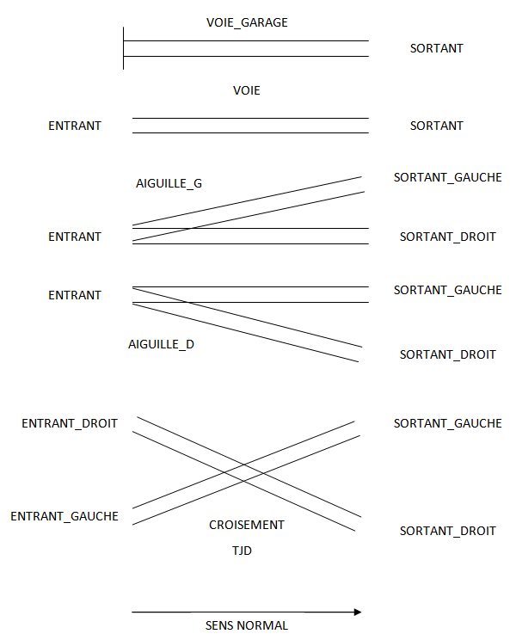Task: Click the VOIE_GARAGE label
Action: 247,22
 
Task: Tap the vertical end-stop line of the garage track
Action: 123,48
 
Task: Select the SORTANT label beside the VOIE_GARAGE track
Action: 437,48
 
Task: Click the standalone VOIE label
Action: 247,90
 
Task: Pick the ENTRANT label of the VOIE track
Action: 75,126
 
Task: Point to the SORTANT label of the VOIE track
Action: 437,126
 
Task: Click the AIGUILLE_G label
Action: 169,184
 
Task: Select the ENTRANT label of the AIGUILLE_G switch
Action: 75,237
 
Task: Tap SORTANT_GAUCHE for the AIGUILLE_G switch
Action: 447,177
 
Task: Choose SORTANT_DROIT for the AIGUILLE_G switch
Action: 447,237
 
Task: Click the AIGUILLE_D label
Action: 161,344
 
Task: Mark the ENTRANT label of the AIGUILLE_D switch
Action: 75,295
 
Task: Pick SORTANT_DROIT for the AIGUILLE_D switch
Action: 447,354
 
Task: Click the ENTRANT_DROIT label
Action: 70,424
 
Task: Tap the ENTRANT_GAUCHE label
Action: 65,516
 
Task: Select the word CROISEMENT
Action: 247,525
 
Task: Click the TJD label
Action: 242,551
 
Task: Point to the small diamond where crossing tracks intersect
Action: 244,472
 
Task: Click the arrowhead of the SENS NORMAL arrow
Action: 358,612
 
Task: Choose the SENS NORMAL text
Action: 247,625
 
